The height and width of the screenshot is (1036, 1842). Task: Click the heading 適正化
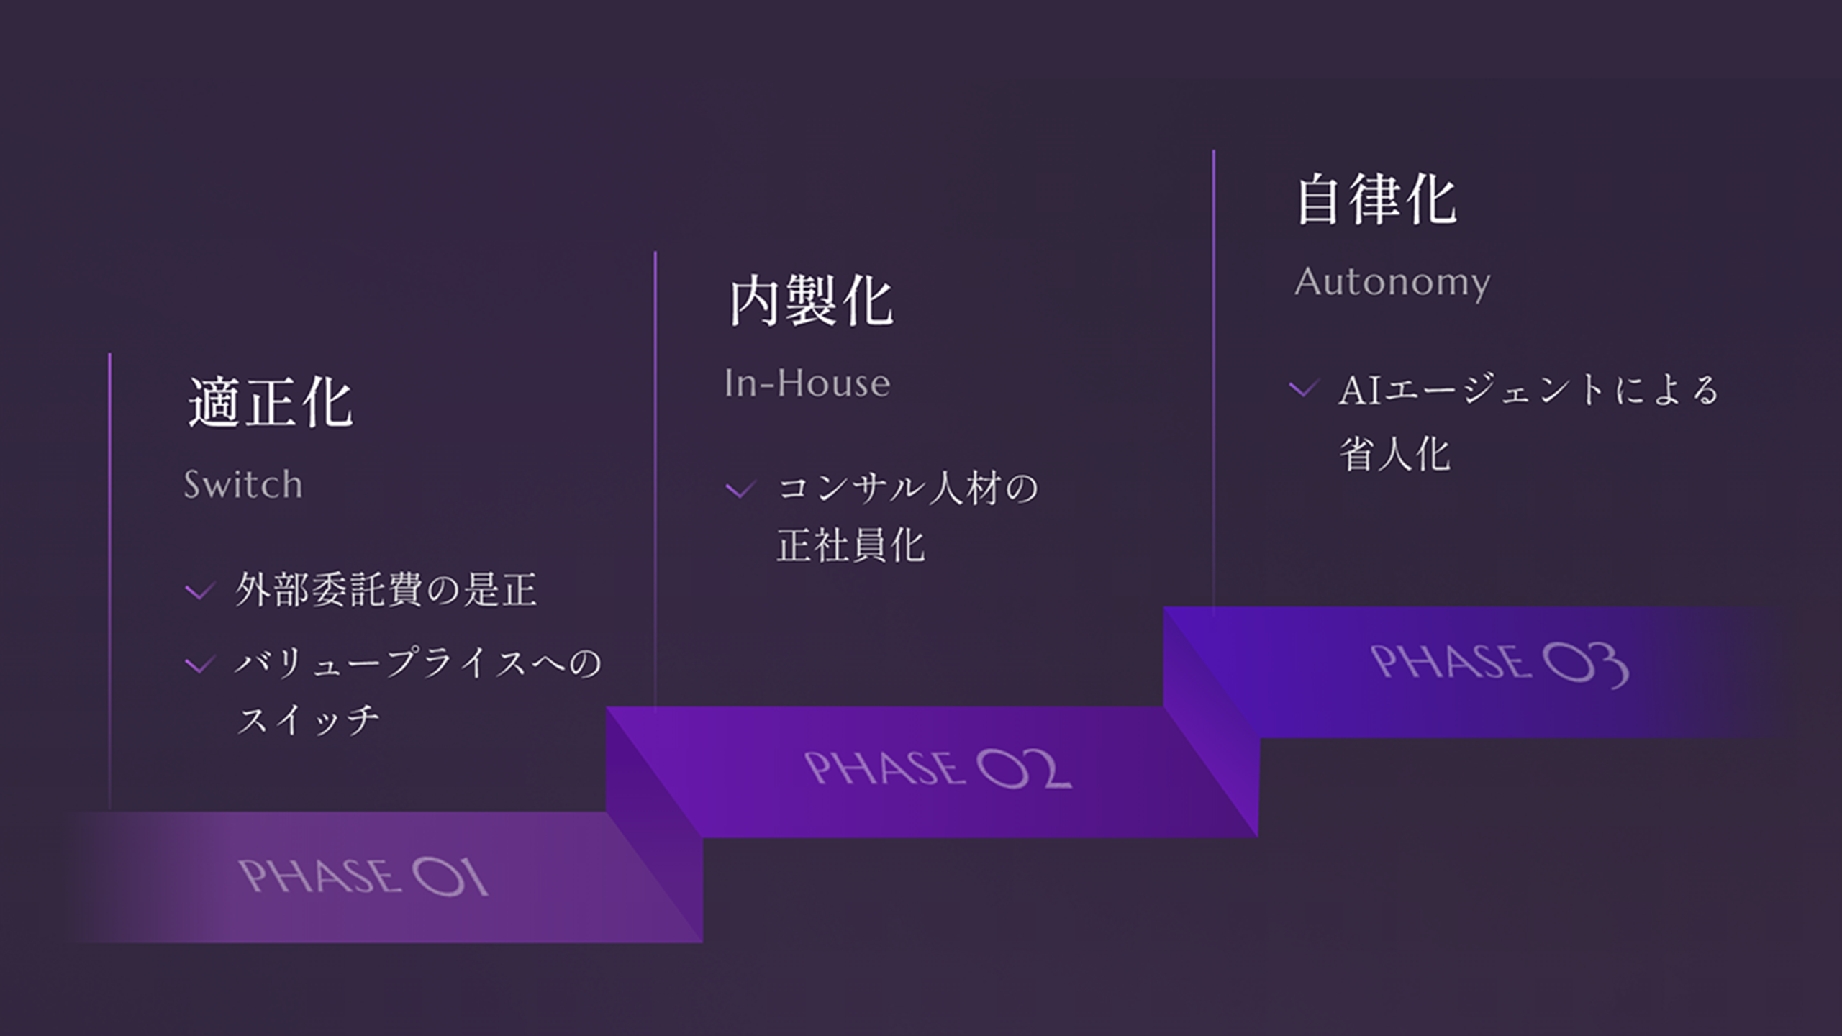point(271,403)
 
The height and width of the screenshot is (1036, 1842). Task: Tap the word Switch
point(243,484)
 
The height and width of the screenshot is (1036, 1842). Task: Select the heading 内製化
point(811,301)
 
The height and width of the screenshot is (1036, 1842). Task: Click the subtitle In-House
point(807,383)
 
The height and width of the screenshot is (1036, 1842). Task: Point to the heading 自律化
point(1376,200)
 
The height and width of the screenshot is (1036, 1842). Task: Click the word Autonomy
point(1392,282)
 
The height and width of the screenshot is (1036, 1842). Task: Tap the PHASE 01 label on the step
point(363,877)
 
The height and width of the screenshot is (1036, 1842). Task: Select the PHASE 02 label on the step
point(937,768)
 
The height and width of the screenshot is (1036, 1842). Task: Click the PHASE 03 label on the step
point(1499,664)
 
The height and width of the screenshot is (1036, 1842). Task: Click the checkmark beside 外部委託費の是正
point(199,591)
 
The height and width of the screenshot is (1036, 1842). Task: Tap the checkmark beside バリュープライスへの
point(199,664)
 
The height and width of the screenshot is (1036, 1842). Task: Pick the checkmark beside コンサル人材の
point(740,490)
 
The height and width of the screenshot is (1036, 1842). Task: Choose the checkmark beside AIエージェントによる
point(1303,389)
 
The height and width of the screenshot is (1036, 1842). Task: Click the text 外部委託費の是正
point(386,590)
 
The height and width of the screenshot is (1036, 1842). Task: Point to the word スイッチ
point(308,719)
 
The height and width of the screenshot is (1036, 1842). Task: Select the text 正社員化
point(850,545)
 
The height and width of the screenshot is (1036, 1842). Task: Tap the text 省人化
point(1394,455)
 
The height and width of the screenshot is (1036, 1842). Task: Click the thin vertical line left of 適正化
point(109,576)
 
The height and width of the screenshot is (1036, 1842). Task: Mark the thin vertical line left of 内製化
point(655,475)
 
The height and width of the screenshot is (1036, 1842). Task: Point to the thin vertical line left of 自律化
point(1213,374)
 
